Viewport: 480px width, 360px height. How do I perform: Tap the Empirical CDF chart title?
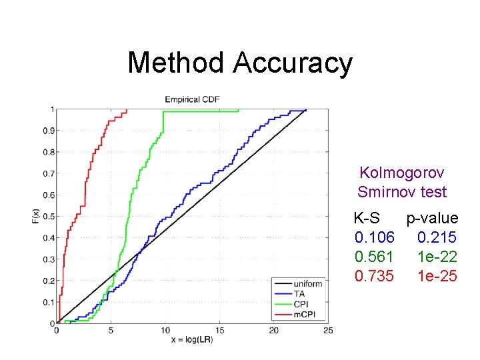193,99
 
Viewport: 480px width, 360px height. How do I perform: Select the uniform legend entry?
307,284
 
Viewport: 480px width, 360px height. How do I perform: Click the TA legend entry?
299,293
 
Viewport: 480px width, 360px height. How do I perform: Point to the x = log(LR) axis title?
192,341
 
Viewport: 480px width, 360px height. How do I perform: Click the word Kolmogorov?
401,173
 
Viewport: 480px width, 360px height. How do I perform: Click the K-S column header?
367,218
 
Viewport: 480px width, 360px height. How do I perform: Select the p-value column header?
432,218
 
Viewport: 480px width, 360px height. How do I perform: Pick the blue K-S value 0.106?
375,237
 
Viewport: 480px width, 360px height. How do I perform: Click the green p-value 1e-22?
437,257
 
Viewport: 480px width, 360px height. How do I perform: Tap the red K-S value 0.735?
375,276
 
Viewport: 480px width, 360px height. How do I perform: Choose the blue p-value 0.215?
437,237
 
